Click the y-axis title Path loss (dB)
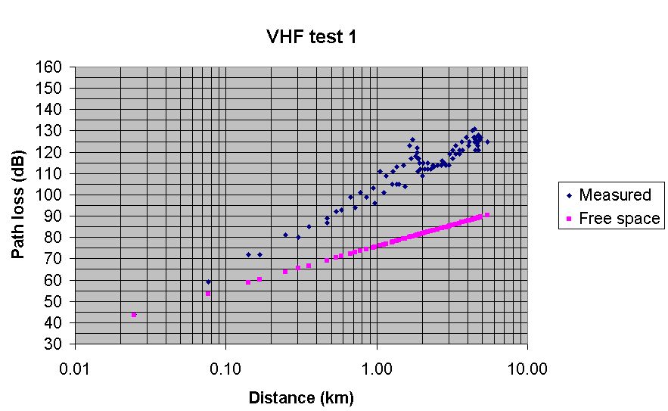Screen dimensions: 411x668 click(17, 204)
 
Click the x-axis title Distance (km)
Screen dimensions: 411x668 click(301, 397)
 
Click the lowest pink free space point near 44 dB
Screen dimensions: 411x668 click(134, 315)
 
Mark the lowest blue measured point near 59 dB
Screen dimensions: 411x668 click(209, 282)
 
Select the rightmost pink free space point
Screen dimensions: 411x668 click(487, 215)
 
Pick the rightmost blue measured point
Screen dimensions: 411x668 click(487, 142)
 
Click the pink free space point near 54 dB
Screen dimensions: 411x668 click(208, 294)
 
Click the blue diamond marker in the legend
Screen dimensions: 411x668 click(569, 195)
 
